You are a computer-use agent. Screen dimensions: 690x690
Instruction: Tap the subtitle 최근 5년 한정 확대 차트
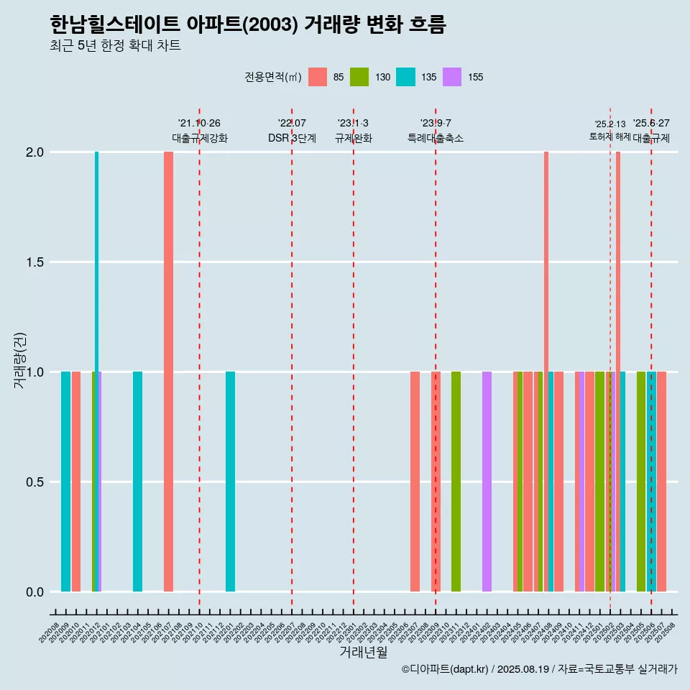[x=115, y=46]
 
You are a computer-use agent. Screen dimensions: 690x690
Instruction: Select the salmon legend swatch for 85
[x=317, y=77]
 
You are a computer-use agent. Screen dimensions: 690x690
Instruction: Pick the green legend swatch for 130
[x=359, y=77]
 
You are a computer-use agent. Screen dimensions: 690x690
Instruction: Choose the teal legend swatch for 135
[x=405, y=77]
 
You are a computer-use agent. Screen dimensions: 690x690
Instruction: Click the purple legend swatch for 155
[x=452, y=77]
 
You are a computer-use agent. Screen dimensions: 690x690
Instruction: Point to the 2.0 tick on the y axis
[x=36, y=152]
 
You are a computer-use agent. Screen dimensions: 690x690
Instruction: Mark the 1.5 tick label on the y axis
[x=36, y=262]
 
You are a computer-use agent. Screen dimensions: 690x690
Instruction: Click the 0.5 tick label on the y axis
[x=36, y=482]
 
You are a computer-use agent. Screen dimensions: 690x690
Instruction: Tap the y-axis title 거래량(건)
[x=20, y=359]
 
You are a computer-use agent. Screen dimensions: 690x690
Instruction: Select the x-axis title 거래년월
[x=363, y=652]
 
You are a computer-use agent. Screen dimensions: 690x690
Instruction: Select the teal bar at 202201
[x=230, y=482]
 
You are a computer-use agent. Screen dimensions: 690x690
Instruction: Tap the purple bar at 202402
[x=487, y=482]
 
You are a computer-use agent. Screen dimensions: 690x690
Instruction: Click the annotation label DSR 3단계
[x=292, y=138]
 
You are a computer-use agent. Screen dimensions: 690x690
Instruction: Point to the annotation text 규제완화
[x=353, y=138]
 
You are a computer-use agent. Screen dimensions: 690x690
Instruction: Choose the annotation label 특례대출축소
[x=436, y=138]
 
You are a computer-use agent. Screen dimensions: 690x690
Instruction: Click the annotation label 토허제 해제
[x=609, y=136]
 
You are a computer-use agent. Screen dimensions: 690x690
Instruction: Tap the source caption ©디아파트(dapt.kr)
[x=446, y=669]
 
